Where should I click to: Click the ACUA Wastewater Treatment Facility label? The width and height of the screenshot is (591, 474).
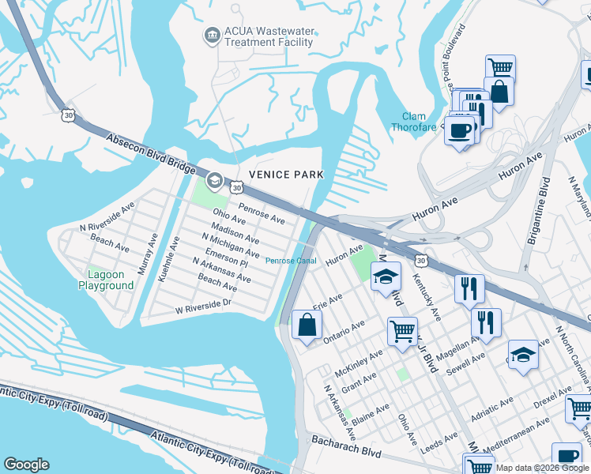tap(269, 36)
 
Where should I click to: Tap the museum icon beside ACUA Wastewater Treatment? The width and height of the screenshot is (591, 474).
tap(211, 34)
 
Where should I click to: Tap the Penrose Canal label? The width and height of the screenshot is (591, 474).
tap(290, 261)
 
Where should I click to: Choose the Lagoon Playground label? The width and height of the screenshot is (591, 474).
tap(105, 280)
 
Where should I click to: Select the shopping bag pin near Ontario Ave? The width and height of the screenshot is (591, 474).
tap(307, 325)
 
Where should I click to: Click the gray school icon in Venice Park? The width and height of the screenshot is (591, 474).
tap(214, 182)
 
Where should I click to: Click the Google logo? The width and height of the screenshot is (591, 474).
tap(26, 465)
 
